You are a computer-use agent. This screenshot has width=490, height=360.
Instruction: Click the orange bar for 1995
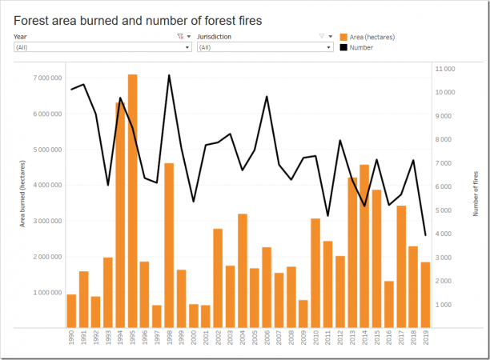(132, 200)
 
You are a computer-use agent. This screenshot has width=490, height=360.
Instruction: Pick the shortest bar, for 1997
(157, 315)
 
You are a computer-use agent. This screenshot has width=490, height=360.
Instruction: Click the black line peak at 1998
(169, 75)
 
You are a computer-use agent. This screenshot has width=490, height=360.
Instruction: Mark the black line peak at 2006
(267, 97)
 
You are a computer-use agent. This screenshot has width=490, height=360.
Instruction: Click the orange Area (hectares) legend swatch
(343, 37)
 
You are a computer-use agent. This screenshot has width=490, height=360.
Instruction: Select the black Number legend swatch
(343, 47)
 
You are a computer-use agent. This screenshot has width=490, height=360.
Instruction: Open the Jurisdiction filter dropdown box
(264, 47)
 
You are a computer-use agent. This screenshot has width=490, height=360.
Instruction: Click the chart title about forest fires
(138, 19)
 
